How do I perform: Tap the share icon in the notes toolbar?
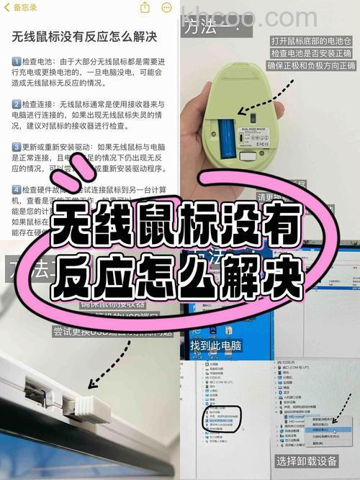pyautogui.click(x=145, y=7)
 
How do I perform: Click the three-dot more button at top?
pyautogui.click(x=166, y=7)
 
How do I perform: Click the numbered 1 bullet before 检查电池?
pyautogui.click(x=17, y=62)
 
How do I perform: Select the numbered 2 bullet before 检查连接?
pyautogui.click(x=17, y=104)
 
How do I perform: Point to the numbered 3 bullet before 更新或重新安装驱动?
pyautogui.click(x=17, y=147)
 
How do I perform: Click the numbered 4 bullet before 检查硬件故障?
pyautogui.click(x=17, y=189)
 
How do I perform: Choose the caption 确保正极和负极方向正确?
pyautogui.click(x=311, y=66)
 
